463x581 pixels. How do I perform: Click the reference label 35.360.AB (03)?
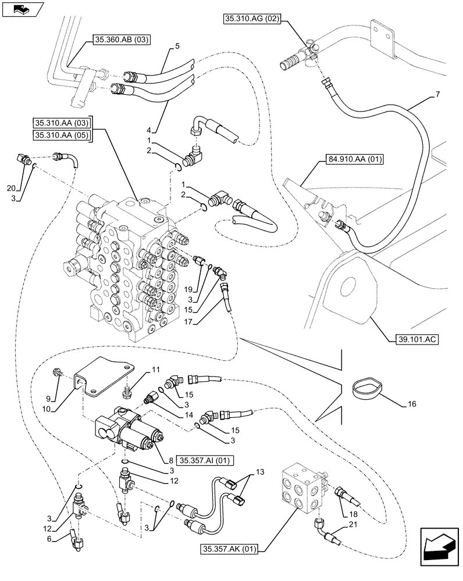click(120, 40)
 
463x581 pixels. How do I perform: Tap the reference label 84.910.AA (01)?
click(347, 159)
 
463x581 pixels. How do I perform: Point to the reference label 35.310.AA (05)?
click(62, 135)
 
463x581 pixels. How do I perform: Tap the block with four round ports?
click(301, 487)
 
